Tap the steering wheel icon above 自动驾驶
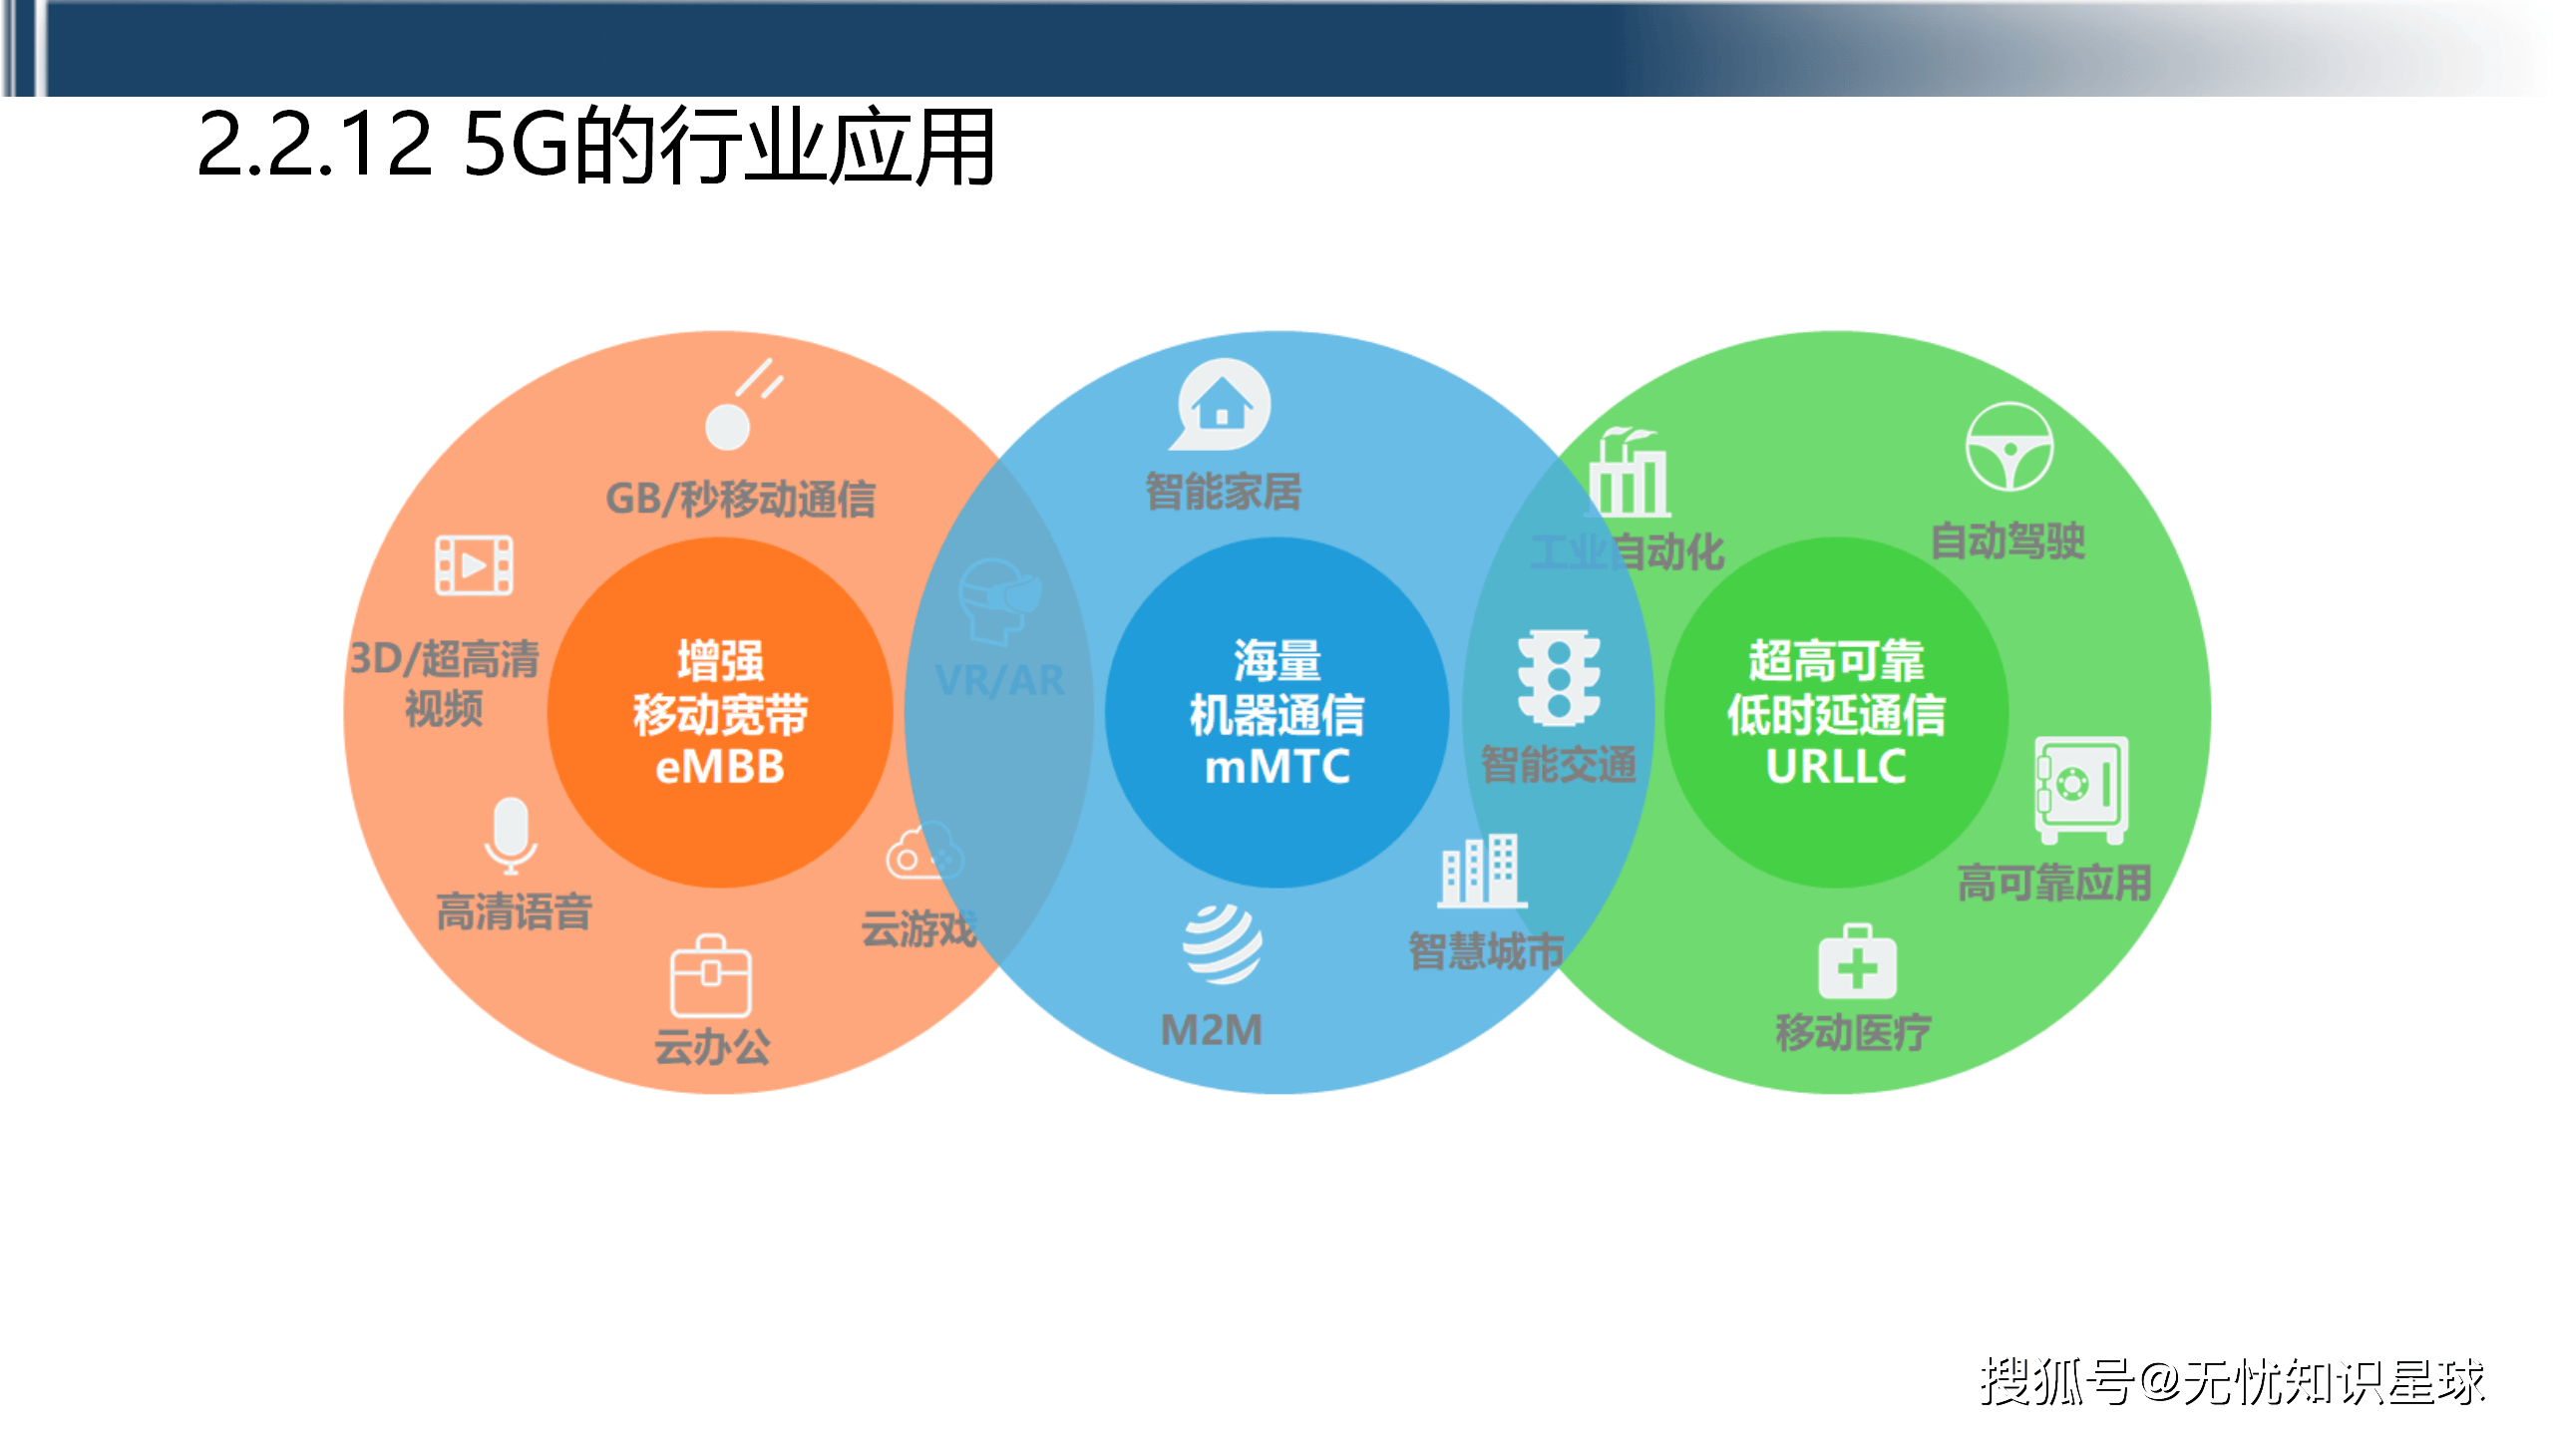(x=2008, y=447)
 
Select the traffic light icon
(x=1559, y=677)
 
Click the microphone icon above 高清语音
(x=511, y=834)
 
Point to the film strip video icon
(x=474, y=565)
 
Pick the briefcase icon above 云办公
(x=711, y=976)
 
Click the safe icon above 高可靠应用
(x=2080, y=788)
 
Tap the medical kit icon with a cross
(x=1857, y=963)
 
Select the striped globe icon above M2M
(x=1222, y=942)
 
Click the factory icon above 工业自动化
(x=1630, y=474)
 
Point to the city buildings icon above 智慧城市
(x=1481, y=871)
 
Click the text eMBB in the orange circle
(x=720, y=767)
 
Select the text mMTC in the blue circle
(x=1277, y=767)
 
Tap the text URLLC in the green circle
(x=1836, y=767)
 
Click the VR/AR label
(x=1000, y=681)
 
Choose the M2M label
(x=1212, y=1030)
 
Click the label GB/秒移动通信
(x=741, y=499)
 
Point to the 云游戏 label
(x=918, y=928)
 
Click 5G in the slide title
(x=515, y=146)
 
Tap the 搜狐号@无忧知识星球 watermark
(x=2232, y=1382)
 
